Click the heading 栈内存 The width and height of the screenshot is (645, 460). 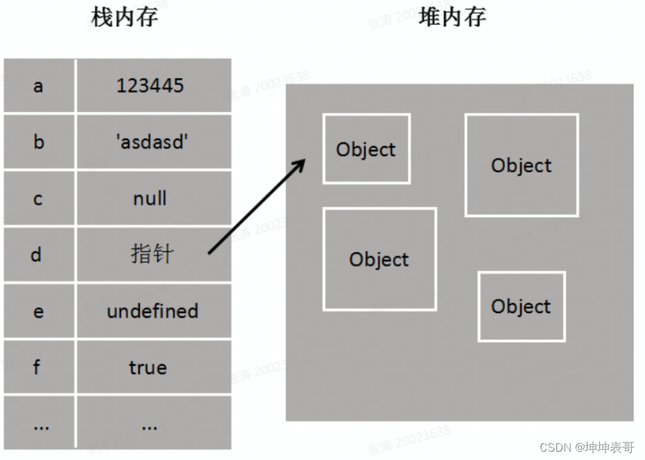(124, 17)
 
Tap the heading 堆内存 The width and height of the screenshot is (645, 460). (452, 17)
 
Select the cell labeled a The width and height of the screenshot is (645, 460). (38, 86)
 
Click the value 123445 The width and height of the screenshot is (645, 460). (150, 86)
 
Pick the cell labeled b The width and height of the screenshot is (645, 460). (38, 142)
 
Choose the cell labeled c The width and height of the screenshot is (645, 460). (38, 199)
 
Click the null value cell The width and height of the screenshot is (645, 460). (150, 199)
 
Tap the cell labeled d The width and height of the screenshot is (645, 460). (38, 255)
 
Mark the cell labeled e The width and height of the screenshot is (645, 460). (38, 311)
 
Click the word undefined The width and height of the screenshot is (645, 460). (152, 311)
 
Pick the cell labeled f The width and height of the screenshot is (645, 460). (38, 367)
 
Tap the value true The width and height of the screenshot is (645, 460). (148, 367)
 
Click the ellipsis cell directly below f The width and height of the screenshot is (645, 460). (40, 425)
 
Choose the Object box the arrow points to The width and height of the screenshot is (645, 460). (366, 149)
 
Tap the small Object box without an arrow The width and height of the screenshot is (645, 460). (521, 306)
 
